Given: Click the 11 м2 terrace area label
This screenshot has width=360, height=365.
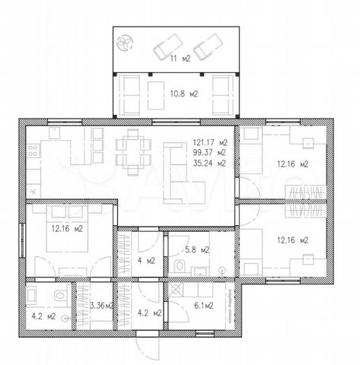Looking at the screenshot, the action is tap(180, 59).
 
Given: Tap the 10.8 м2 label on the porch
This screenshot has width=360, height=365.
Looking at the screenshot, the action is tap(183, 94).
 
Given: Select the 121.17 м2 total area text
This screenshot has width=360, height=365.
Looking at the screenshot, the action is tap(210, 142).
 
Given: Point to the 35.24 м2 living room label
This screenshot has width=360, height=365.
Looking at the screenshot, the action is tap(209, 163).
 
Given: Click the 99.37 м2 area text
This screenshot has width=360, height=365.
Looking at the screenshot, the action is tap(209, 153).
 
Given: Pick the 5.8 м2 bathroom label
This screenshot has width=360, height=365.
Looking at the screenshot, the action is tap(197, 250).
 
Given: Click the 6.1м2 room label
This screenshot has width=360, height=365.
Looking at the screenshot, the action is tap(204, 306).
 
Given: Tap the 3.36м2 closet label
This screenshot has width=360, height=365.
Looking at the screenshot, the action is tap(102, 306).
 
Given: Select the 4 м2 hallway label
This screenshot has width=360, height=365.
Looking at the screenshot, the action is tap(146, 261).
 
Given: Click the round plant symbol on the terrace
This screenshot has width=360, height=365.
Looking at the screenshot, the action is tap(125, 43).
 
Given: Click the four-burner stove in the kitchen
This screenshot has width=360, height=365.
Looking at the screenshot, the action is tap(33, 151).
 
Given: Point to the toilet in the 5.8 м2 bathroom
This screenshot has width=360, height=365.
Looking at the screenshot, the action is tap(180, 266).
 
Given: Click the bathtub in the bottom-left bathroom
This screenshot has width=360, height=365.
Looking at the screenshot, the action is tap(32, 295).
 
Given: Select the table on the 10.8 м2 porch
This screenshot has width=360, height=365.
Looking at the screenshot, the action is tap(156, 95).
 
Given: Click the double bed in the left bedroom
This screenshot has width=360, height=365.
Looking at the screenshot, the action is tap(67, 228).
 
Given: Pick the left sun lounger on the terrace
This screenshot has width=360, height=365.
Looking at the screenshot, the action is tap(168, 47).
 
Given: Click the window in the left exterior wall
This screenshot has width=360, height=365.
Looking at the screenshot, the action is tap(22, 240).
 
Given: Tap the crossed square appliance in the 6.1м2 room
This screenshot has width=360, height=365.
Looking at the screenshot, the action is tap(176, 290).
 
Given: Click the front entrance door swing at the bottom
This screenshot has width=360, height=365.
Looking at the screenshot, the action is tap(148, 348).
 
